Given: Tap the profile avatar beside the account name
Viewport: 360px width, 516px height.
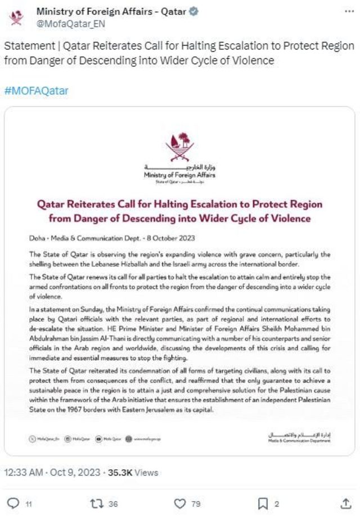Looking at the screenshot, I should tap(17, 17).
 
